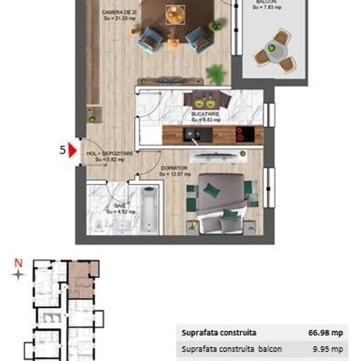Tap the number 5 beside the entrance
click(x=63, y=150)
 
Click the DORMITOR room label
click(x=174, y=168)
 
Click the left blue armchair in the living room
click(x=149, y=41)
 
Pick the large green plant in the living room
click(x=216, y=71)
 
